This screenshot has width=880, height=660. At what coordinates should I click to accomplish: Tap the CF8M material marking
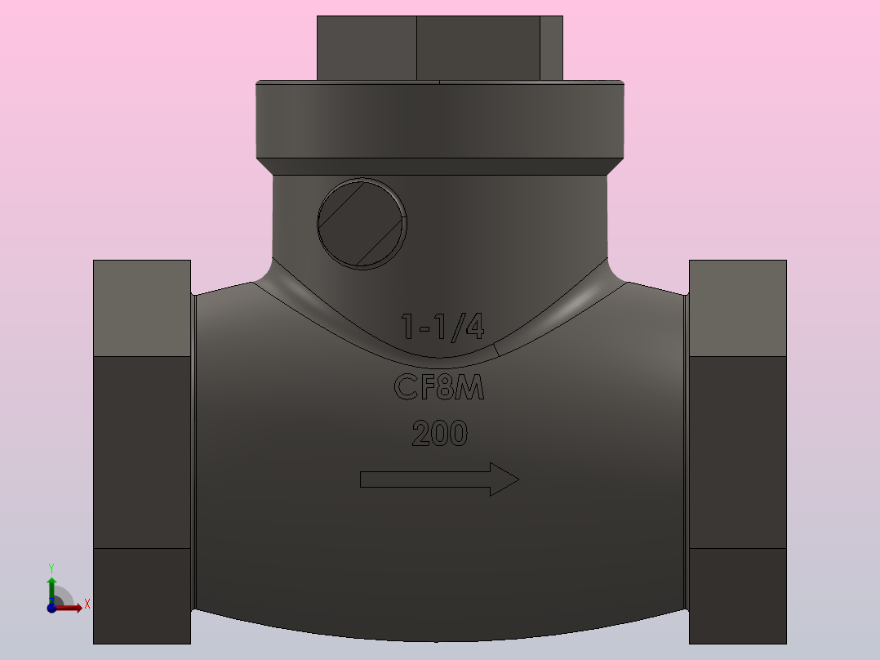coord(439,387)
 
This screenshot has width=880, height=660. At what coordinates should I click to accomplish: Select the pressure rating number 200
coord(439,433)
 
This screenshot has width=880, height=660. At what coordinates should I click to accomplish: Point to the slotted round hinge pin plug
coord(362,223)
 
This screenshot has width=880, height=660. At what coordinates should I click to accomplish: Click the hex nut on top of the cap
coord(439,48)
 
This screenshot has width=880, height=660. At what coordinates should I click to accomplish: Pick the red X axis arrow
coord(73,607)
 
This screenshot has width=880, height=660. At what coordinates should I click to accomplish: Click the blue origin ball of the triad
coord(51,607)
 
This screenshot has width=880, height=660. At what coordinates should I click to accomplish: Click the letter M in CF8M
coord(470,387)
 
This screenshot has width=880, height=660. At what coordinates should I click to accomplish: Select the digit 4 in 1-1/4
coord(473,327)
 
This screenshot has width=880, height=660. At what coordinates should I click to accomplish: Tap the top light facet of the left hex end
coord(142,308)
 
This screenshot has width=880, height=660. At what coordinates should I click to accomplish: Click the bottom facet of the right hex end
coord(737,595)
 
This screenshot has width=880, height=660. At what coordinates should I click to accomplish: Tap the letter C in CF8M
coord(406,387)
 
